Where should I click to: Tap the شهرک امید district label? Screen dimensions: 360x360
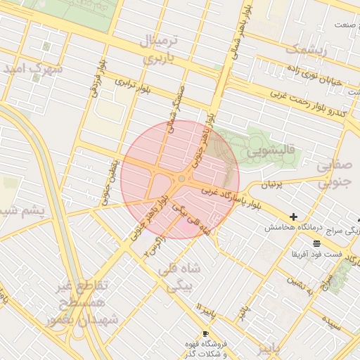tap(32, 69)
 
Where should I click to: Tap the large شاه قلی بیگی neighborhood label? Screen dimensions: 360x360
tap(181, 276)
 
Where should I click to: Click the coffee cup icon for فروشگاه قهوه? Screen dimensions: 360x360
tap(205, 333)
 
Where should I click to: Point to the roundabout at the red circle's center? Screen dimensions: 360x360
tap(181, 179)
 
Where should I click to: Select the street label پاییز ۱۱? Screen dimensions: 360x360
tap(204, 309)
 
